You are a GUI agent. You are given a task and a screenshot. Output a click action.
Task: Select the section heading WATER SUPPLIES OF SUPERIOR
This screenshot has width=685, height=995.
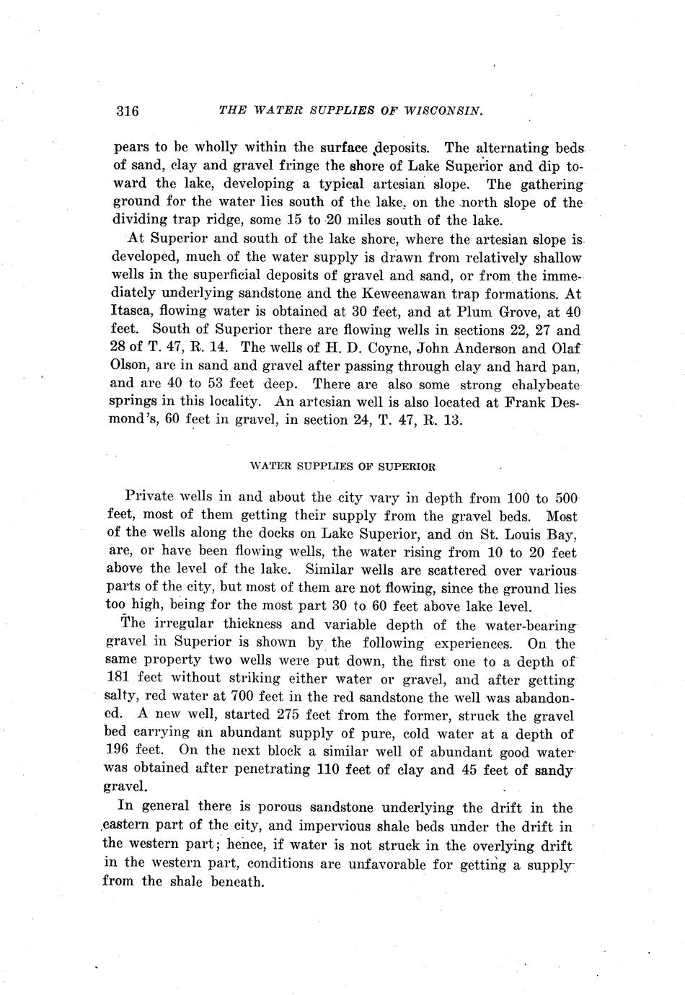342,466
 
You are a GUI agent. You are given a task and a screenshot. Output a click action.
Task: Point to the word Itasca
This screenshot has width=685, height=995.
132,312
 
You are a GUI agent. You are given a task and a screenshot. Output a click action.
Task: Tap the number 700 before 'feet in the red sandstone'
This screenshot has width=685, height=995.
241,698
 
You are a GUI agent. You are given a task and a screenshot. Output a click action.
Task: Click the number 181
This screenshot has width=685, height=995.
117,679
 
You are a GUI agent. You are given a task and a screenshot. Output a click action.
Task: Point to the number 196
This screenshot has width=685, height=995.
118,751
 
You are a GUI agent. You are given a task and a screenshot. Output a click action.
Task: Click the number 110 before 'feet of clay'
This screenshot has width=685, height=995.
330,769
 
